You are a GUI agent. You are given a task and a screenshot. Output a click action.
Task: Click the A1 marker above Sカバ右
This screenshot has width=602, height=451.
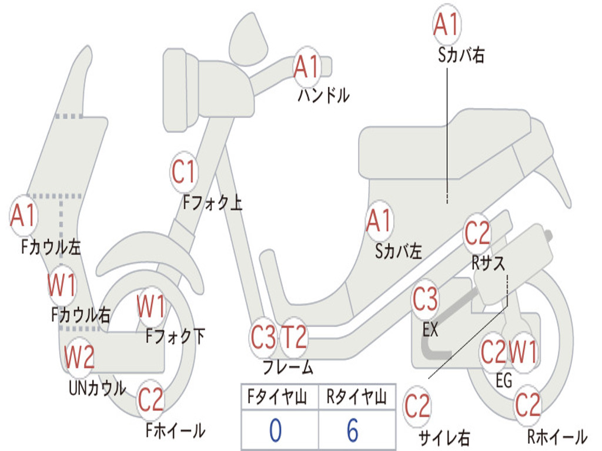click(x=446, y=23)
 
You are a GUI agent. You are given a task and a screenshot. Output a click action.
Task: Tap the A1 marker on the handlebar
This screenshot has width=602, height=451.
click(x=306, y=67)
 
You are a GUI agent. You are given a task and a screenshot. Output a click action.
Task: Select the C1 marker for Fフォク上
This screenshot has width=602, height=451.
click(x=184, y=172)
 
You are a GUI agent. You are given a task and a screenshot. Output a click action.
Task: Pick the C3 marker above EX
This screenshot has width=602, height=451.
click(x=424, y=300)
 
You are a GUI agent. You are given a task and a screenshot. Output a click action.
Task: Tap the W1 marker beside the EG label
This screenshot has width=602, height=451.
click(x=523, y=353)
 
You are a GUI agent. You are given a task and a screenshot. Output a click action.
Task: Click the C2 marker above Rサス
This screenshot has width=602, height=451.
click(x=477, y=233)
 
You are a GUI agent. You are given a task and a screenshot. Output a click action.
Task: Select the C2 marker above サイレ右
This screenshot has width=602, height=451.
click(x=417, y=406)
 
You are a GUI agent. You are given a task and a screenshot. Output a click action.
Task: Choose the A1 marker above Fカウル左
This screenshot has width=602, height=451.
click(x=24, y=216)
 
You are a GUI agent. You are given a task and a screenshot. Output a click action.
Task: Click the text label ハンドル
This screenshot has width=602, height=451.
click(x=323, y=96)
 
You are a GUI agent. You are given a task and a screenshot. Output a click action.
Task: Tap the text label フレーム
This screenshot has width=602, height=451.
click(x=287, y=368)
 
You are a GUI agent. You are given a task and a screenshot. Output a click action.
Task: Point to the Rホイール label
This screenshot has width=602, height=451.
click(x=556, y=436)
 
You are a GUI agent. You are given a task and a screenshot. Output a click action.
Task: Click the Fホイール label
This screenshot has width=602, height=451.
click(x=175, y=430)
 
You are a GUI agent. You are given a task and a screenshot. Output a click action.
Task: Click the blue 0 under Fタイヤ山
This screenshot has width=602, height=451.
click(x=276, y=430)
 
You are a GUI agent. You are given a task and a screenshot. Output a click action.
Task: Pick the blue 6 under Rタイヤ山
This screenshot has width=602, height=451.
click(x=352, y=430)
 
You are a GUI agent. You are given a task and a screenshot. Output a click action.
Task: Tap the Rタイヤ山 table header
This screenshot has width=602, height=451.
click(x=356, y=398)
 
